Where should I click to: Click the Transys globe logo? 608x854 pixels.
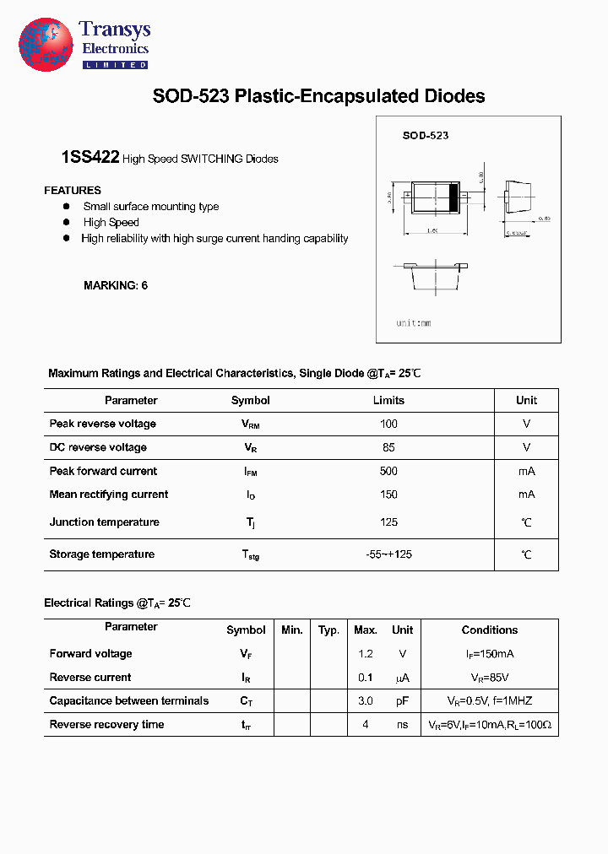[x=46, y=44]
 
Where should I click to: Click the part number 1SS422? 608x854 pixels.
[x=90, y=158]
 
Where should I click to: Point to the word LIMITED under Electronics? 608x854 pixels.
[x=115, y=65]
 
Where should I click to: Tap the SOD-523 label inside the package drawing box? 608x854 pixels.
[x=425, y=135]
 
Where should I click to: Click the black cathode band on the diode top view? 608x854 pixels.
[x=453, y=197]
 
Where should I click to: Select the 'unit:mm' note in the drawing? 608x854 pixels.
[x=414, y=323]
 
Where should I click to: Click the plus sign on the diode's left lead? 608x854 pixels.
[x=408, y=197]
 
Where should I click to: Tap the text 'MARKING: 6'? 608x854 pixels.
[x=116, y=285]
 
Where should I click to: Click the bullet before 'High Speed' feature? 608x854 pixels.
[x=67, y=222]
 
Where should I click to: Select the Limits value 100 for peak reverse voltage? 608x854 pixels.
[x=388, y=424]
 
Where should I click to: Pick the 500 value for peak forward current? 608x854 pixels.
[x=388, y=471]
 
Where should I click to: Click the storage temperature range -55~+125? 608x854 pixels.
[x=388, y=554]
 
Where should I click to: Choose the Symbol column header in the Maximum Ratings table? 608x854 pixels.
[x=251, y=400]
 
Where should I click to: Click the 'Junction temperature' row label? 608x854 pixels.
[x=104, y=522]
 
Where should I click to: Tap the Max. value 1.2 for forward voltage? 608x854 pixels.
[x=365, y=653]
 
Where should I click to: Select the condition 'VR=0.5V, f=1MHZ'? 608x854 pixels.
[x=490, y=700]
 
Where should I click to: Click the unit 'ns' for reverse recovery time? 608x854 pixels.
[x=402, y=724]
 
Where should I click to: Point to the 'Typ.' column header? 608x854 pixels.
[x=328, y=630]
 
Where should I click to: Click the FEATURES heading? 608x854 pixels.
[x=73, y=191]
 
